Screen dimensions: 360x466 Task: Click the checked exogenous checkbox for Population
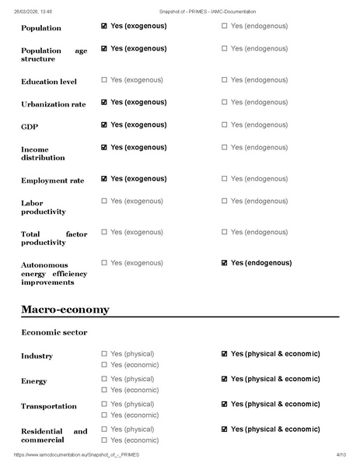105,26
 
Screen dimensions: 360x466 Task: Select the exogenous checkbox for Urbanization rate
105,102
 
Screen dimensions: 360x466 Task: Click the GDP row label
29,126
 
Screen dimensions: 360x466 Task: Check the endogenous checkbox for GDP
225,124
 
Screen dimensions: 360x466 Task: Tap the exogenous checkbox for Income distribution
105,147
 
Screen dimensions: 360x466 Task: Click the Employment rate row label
52,180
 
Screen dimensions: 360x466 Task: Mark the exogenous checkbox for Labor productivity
105,201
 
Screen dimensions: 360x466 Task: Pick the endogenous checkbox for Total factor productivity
225,232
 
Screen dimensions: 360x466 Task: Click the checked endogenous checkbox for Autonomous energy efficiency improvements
225,263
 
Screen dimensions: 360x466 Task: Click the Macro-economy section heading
65,310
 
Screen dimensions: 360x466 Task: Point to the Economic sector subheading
54,333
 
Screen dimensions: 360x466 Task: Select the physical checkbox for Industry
105,354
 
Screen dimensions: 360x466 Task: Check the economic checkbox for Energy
105,390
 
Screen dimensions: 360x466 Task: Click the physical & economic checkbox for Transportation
225,404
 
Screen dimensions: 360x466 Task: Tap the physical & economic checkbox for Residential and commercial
225,429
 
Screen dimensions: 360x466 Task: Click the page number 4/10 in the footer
341,454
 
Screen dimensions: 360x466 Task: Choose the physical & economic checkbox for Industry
225,354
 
